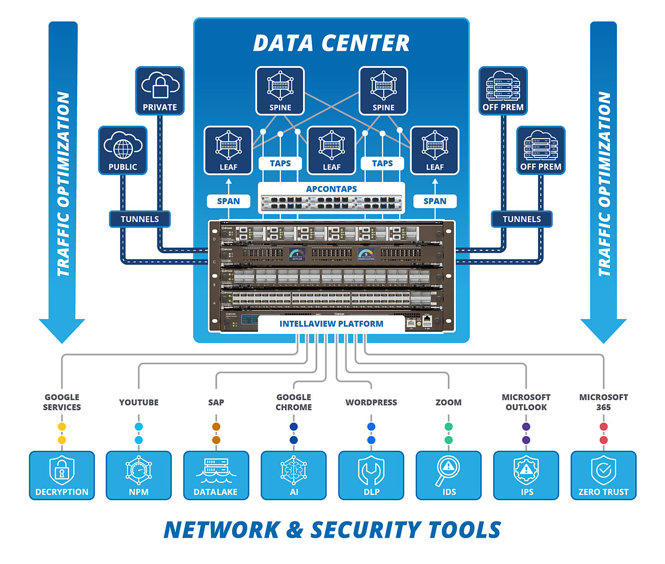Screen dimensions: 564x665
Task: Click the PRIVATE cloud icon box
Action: pos(160,91)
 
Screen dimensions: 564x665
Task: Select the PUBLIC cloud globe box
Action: pos(123,150)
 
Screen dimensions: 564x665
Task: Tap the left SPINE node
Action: pos(280,91)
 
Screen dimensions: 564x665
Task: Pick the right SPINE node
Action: pos(383,91)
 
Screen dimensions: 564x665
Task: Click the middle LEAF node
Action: pos(332,150)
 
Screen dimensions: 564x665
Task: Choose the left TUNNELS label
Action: pos(139,219)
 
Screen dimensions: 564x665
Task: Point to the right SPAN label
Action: pos(435,201)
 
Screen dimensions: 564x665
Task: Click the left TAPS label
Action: pos(280,163)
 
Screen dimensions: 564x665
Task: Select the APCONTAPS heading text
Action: pos(331,189)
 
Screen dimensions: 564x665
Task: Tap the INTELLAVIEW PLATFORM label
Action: pos(331,324)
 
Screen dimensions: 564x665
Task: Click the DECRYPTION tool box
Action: pos(62,475)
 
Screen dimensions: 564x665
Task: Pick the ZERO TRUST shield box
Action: pos(603,475)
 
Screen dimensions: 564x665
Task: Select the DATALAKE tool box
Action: pos(216,475)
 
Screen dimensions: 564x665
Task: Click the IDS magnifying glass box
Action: pos(448,475)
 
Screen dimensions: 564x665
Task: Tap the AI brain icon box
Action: pos(294,475)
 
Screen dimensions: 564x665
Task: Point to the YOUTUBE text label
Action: pos(139,402)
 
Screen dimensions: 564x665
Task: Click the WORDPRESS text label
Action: pos(371,402)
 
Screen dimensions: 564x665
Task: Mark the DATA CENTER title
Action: pos(331,43)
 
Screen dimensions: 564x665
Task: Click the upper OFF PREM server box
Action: pos(503,91)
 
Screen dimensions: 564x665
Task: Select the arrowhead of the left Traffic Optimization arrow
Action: pos(62,330)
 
